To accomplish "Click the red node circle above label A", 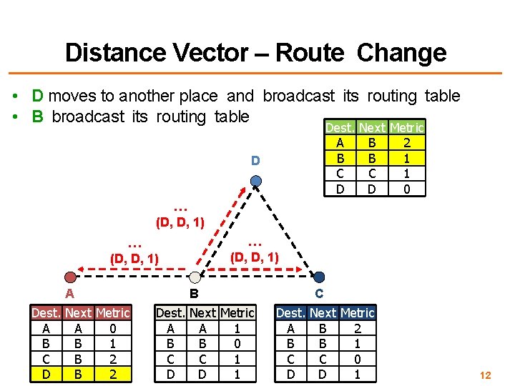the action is coord(69,277).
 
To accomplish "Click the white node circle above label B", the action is coord(195,277).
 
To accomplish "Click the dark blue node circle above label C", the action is coord(319,277).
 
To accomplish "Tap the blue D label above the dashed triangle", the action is coord(255,161).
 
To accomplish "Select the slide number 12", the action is coord(486,375).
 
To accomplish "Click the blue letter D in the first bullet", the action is coord(37,96).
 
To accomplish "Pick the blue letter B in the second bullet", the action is coord(37,117).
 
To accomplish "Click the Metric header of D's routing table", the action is coord(406,127).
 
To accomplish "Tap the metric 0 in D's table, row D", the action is coord(406,189).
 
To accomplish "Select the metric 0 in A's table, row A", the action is coord(113,329).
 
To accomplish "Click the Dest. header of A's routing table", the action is coord(46,313).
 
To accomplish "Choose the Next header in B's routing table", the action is coord(202,313).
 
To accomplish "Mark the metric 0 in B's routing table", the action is coord(237,343).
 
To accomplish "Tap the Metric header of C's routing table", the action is coord(357,313).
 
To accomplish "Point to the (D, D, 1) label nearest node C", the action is coord(255,256).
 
